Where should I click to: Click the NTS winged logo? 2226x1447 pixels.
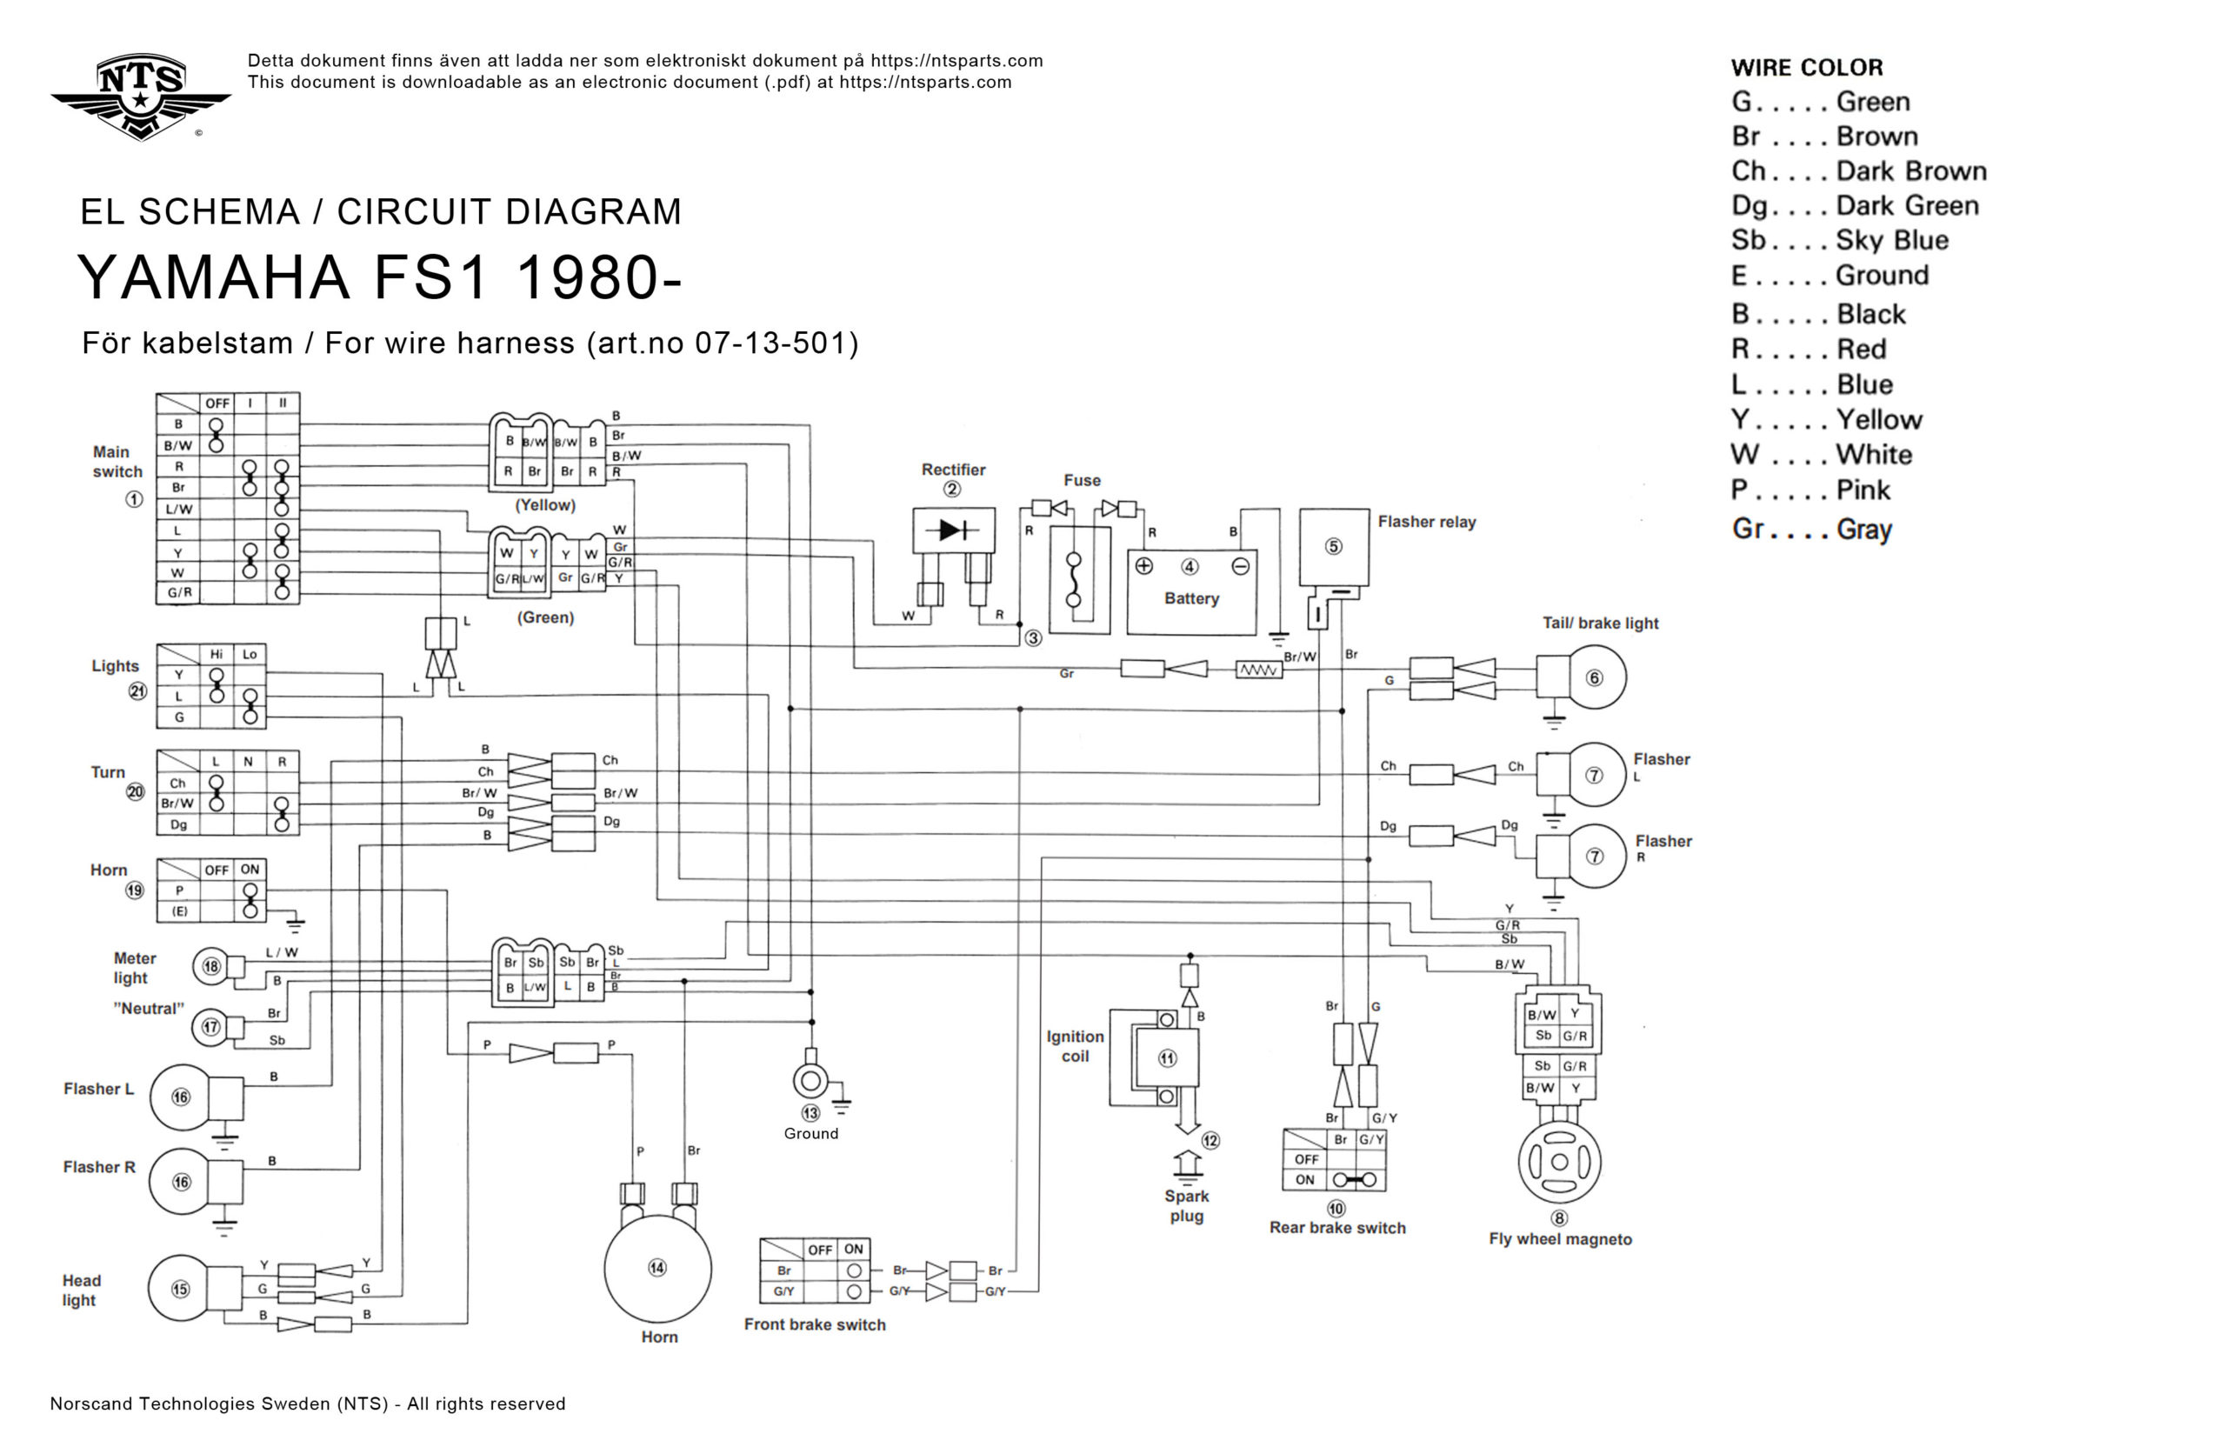click(x=140, y=96)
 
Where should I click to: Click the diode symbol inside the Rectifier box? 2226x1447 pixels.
click(x=952, y=530)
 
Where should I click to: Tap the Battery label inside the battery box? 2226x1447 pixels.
click(x=1190, y=598)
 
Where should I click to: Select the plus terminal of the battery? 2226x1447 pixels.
click(x=1143, y=566)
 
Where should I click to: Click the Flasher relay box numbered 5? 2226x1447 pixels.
click(x=1334, y=547)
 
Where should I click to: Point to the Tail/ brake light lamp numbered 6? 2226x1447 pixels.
click(x=1594, y=677)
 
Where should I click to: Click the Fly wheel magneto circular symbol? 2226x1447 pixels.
click(x=1559, y=1162)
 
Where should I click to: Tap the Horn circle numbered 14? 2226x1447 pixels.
click(x=657, y=1269)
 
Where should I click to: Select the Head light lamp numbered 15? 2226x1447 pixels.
click(x=181, y=1289)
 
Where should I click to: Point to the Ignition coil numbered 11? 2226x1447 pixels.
click(x=1166, y=1058)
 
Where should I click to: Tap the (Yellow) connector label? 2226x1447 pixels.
click(x=545, y=505)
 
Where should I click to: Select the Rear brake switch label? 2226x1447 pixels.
click(x=1336, y=1228)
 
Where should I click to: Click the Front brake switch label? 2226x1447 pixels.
click(x=814, y=1324)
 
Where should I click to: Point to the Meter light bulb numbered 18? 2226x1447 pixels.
click(x=211, y=966)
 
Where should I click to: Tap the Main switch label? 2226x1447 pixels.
click(x=117, y=462)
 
